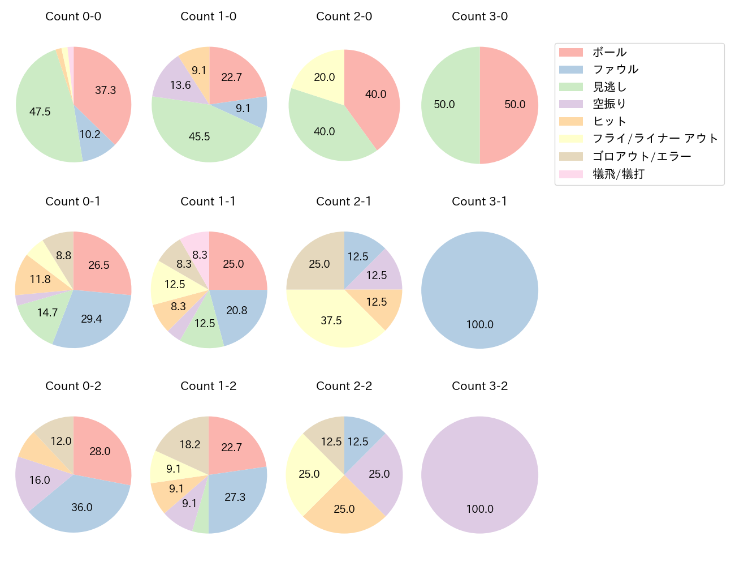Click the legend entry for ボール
pos(609,52)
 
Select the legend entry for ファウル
pos(615,70)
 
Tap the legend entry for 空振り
pos(609,104)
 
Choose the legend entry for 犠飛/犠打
pos(618,174)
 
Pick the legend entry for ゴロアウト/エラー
pos(641,156)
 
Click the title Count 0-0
pos(73,16)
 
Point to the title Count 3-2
pos(479,386)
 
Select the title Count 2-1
pos(344,201)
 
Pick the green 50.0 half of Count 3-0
pos(447,105)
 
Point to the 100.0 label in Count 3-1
pos(479,325)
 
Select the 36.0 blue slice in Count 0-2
pos(82,507)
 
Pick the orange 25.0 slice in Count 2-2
pos(344,508)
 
